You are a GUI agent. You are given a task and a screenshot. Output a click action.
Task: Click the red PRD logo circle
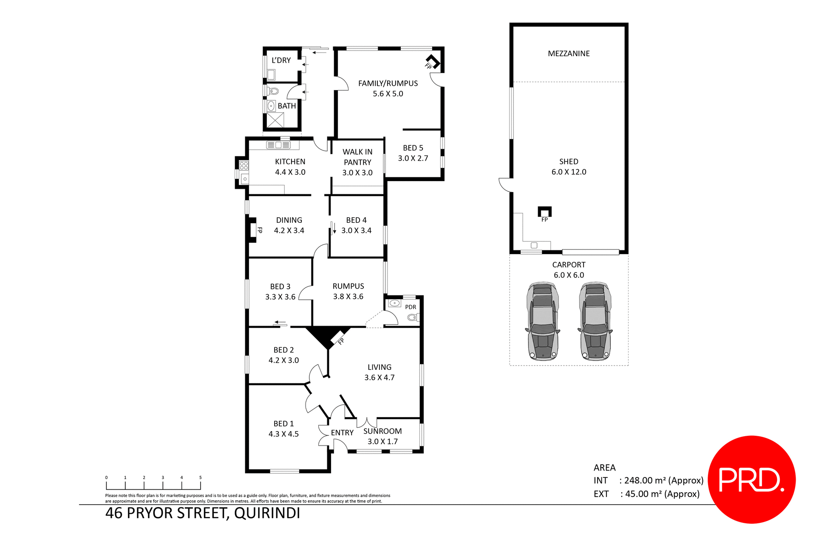[751, 479]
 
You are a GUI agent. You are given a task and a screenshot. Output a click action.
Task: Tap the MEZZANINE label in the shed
[569, 54]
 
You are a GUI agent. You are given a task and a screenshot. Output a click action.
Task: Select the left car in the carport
[542, 321]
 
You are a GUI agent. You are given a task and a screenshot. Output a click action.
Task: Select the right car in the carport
[595, 321]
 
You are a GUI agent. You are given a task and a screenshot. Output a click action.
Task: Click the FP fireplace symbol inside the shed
[544, 212]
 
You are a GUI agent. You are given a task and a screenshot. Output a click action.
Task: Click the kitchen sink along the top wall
[278, 145]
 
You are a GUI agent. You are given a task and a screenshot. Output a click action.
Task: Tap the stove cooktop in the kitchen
[244, 165]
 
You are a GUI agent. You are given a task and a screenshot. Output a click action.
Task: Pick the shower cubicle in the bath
[275, 120]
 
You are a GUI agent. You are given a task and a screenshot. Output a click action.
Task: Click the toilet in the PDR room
[413, 317]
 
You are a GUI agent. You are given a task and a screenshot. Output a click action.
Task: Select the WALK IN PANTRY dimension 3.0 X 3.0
[357, 173]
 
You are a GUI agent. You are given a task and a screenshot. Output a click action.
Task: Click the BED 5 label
[413, 148]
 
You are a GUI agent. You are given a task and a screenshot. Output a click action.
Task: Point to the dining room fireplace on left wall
[252, 230]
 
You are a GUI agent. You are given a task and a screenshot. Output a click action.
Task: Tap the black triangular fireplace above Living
[327, 335]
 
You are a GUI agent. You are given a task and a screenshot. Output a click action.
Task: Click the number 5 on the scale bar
[201, 477]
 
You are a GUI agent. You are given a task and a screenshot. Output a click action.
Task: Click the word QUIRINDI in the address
[267, 513]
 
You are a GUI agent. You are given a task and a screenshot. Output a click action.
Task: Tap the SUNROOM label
[382, 431]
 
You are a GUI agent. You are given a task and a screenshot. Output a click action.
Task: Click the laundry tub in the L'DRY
[271, 75]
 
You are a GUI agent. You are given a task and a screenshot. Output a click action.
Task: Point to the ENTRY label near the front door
[342, 432]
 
